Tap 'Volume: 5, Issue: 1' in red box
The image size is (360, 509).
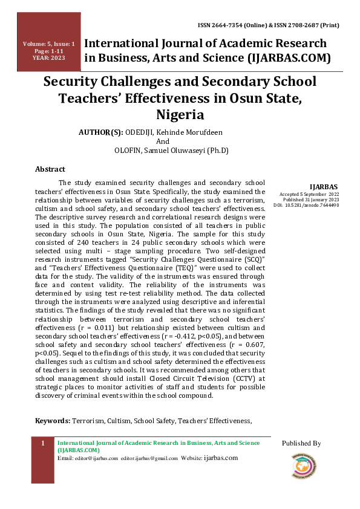point(49,44)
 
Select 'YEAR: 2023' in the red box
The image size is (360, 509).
point(49,58)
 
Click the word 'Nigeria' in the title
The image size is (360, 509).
point(180,114)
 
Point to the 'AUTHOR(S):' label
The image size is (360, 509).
point(101,132)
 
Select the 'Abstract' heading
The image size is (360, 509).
point(50,169)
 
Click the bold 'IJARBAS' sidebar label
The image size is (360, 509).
point(324,186)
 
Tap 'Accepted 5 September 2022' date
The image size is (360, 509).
point(309,193)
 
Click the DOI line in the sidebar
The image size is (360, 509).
point(306,206)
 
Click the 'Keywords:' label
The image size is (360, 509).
point(53,420)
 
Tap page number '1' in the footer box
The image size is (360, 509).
point(43,444)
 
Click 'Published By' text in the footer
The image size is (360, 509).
point(301,444)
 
